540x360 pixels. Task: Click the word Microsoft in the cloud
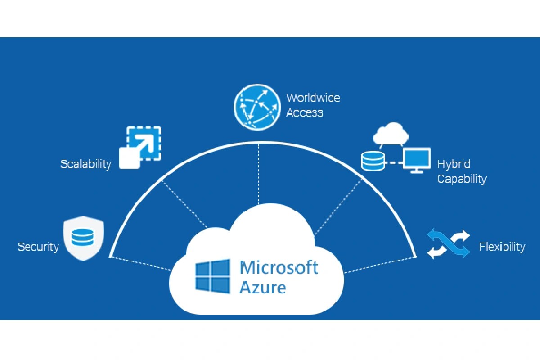point(279,267)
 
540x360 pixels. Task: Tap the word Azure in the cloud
point(263,287)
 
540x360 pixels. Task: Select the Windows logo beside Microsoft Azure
point(212,276)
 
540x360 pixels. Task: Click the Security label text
point(38,247)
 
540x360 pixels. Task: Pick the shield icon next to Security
point(84,239)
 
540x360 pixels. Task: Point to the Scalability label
point(86,164)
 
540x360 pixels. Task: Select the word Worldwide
point(313,98)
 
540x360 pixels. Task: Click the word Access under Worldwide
point(305,112)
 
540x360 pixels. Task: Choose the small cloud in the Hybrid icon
point(391,132)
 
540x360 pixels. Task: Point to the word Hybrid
point(454,164)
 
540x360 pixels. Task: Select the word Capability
point(462,179)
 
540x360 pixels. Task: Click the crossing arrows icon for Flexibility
point(448,243)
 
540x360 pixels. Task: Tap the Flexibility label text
point(502,247)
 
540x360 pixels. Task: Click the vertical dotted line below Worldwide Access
point(259,175)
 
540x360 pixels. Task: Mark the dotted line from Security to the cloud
point(142,264)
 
